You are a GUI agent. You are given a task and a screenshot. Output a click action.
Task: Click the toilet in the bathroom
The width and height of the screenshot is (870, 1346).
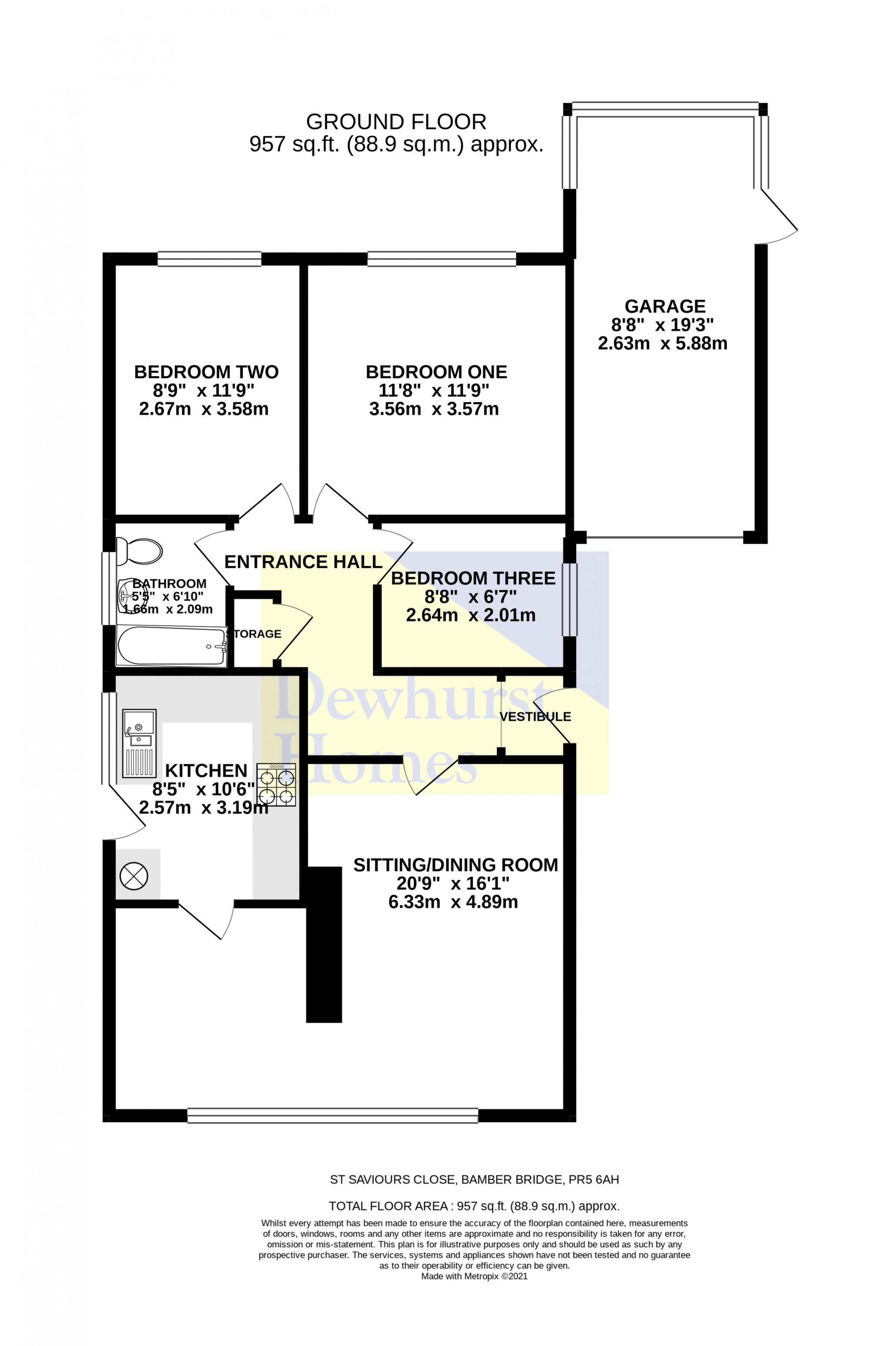[x=139, y=551]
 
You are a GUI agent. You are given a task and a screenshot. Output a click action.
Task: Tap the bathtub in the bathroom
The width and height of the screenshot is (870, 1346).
[x=171, y=646]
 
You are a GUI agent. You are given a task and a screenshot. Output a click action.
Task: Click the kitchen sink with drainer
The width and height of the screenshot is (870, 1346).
[x=139, y=743]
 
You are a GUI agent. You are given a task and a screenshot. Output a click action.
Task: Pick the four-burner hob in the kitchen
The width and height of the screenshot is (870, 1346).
[x=276, y=784]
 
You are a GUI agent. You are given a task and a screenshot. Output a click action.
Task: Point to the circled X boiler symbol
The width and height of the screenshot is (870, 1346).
[x=134, y=877]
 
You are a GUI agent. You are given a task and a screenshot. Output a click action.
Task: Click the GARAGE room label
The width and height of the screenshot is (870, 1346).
[x=665, y=306]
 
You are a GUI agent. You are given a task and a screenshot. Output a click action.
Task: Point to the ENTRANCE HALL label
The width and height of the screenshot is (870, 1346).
[x=303, y=562]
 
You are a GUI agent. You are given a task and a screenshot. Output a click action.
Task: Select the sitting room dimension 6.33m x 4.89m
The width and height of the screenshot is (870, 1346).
[x=453, y=901]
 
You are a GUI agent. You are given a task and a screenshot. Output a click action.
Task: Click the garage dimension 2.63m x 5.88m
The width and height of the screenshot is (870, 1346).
[x=663, y=343]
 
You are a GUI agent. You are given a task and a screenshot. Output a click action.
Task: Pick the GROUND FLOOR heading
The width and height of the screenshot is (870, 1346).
[x=396, y=121]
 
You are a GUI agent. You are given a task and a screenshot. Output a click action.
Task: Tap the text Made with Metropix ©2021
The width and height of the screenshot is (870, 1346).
[x=475, y=1276]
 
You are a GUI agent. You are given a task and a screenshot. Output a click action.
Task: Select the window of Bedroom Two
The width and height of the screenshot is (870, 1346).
[x=210, y=259]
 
